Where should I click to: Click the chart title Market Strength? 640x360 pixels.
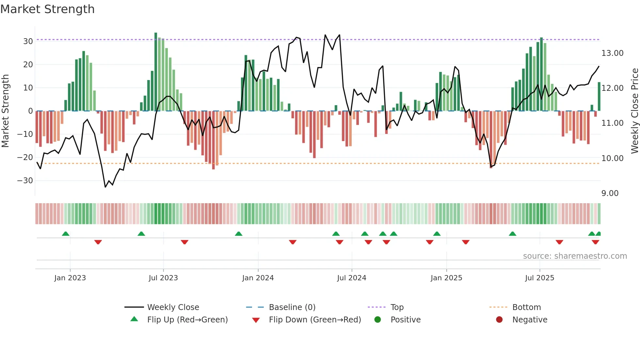[x=47, y=9]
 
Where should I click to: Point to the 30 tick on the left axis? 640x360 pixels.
[x=28, y=41]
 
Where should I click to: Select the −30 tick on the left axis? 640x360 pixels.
[x=25, y=181]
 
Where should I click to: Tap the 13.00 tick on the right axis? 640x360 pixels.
[x=612, y=53]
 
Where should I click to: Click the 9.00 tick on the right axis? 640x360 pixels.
[x=610, y=193]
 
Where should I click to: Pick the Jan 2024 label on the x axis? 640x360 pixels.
[x=258, y=278]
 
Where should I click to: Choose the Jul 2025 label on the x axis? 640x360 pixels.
[x=539, y=278]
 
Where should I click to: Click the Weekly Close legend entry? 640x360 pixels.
[x=173, y=307]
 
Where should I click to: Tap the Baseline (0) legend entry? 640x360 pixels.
[x=292, y=307]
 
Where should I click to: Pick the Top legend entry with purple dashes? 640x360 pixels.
[x=397, y=307]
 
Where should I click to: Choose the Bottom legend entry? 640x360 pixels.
[x=526, y=307]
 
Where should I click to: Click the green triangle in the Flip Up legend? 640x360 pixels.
[x=134, y=319]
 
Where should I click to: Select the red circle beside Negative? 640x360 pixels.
[x=499, y=319]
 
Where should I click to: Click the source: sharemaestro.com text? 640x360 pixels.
[x=575, y=256]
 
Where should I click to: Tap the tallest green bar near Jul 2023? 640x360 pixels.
[x=156, y=72]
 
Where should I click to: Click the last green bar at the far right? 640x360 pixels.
[x=599, y=97]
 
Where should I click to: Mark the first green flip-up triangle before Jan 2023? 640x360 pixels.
[x=66, y=234]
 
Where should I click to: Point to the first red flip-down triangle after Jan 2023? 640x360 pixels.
[x=98, y=242]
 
